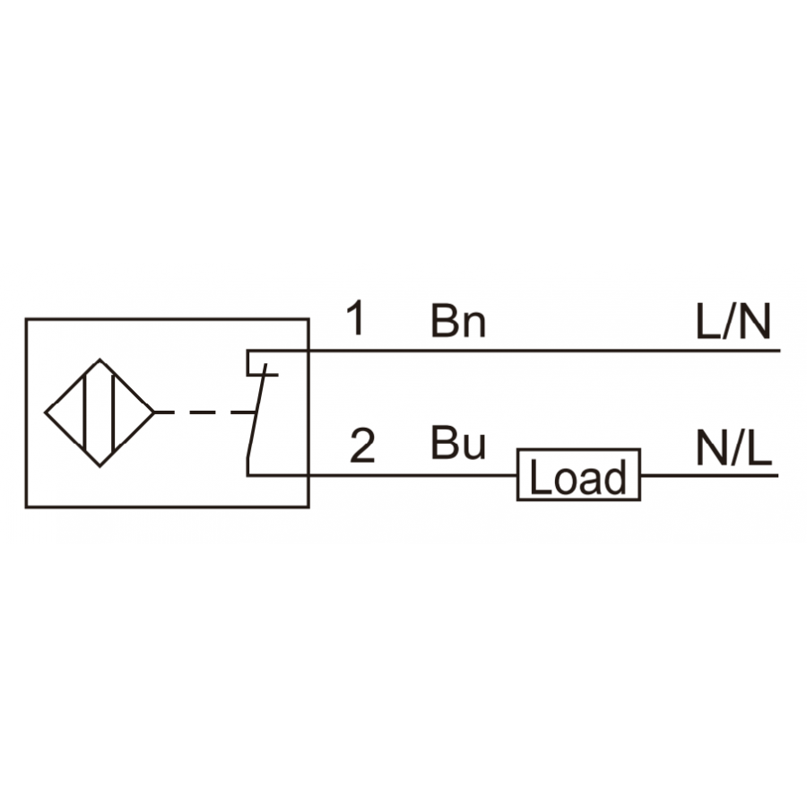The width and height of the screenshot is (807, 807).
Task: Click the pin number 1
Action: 356,318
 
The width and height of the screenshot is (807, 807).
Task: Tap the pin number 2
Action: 362,446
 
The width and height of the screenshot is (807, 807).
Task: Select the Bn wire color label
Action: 458,321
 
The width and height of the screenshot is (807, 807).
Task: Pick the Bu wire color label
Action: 458,443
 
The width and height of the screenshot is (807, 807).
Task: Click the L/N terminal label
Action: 733,321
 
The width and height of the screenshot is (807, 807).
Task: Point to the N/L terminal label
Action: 733,447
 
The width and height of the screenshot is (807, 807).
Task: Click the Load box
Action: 578,474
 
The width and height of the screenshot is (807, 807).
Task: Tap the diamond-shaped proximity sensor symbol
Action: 100,412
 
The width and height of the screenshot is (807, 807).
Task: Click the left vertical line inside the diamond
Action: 84,412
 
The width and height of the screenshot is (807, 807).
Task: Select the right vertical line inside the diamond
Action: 113,412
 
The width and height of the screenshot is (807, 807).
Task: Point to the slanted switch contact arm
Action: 256,411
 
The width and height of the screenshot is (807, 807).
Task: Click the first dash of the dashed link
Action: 164,412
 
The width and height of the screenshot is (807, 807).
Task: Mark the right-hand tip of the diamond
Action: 154,412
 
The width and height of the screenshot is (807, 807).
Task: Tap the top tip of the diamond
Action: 100,360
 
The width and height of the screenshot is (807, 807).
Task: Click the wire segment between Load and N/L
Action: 710,475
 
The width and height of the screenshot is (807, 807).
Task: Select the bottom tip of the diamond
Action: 100,466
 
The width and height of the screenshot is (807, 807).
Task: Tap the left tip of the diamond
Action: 46,412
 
